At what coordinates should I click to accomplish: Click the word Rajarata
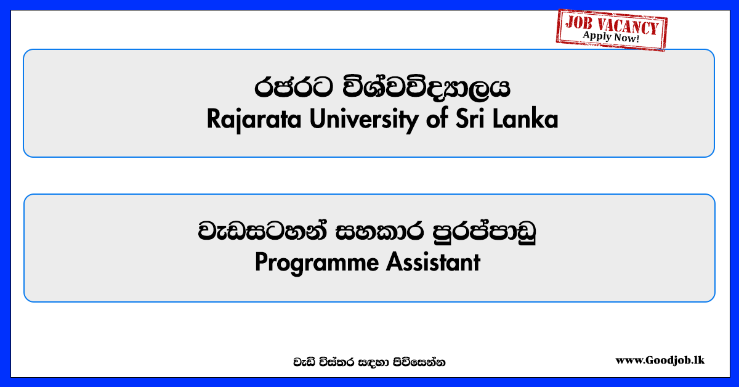pos(254,120)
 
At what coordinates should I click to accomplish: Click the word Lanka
pos(525,118)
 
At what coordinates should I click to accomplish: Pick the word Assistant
pos(433,262)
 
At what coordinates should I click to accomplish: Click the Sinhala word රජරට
pos(293,88)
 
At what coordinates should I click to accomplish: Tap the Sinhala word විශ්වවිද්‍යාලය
pos(426,86)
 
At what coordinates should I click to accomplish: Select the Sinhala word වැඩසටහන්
pos(262,230)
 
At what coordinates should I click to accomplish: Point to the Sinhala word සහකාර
pos(379,231)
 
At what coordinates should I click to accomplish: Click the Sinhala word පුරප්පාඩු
pos(484,231)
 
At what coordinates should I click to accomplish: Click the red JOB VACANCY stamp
pos(612,30)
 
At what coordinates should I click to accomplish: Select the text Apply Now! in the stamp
pos(611,36)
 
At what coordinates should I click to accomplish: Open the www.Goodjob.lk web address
pos(660,361)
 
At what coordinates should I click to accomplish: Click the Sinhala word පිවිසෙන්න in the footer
pos(419,362)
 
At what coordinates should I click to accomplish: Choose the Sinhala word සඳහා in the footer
pos(374,362)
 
